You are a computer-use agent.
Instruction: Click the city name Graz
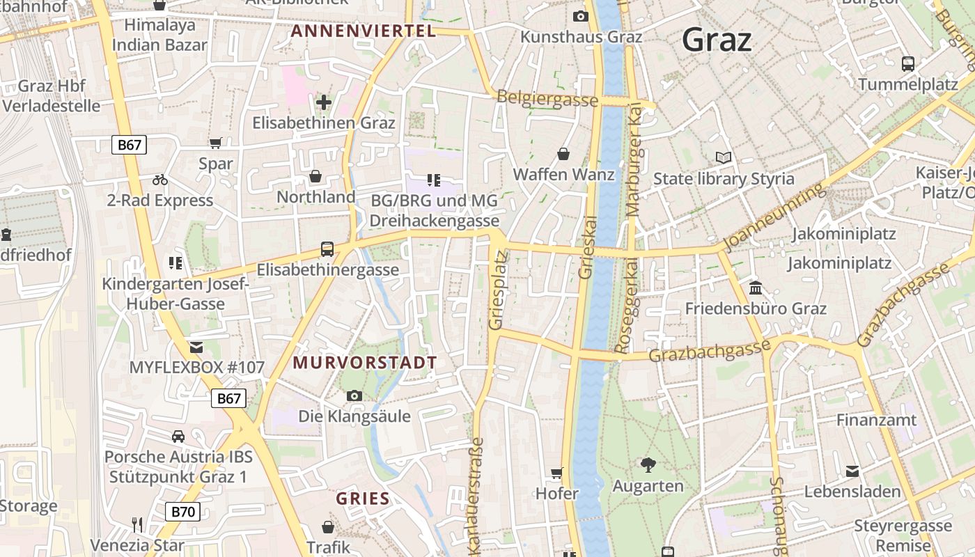(x=717, y=39)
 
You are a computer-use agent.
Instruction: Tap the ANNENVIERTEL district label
(x=363, y=31)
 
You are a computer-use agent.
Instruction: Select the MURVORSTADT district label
(x=365, y=363)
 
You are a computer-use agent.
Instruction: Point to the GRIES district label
(x=363, y=499)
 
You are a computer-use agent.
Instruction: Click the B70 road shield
(x=183, y=512)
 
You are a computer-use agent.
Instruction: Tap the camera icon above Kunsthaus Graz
(x=580, y=16)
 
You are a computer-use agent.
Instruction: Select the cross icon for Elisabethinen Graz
(x=324, y=102)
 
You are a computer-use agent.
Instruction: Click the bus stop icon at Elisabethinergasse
(x=327, y=249)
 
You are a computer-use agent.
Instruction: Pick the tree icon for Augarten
(x=648, y=464)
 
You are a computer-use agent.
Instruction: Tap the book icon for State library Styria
(x=724, y=158)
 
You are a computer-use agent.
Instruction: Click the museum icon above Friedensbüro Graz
(x=756, y=288)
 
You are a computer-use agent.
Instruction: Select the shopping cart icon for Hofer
(x=556, y=473)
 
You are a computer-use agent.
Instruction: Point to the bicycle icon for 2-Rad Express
(x=160, y=180)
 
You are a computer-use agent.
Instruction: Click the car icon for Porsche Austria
(x=178, y=437)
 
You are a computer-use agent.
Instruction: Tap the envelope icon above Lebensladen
(x=852, y=471)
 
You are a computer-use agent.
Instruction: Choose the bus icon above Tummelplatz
(x=908, y=64)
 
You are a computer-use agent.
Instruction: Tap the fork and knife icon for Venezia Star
(x=137, y=524)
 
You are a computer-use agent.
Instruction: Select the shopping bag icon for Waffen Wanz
(x=563, y=154)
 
